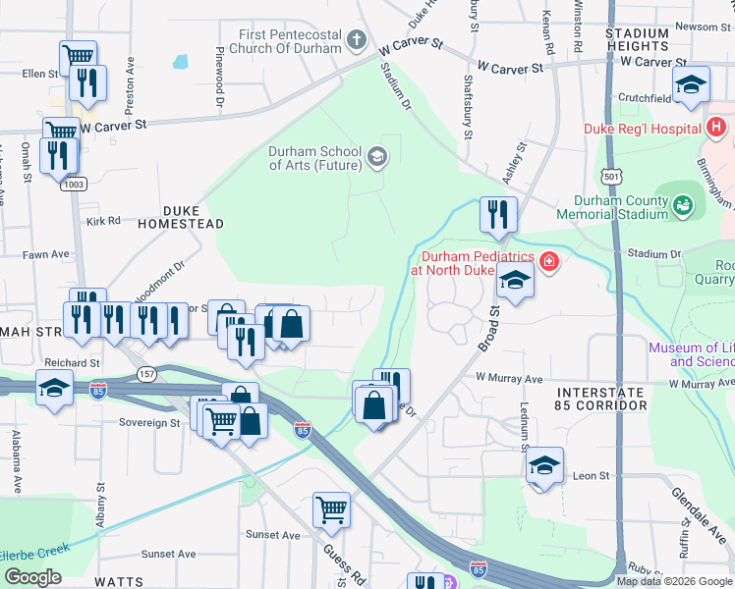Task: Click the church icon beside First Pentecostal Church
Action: click(x=357, y=41)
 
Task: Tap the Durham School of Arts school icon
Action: click(x=376, y=157)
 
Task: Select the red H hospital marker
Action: click(x=716, y=128)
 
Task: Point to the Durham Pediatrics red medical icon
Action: click(x=548, y=261)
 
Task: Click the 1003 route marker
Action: click(x=75, y=184)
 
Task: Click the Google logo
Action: click(x=32, y=576)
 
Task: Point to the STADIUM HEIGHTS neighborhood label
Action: click(x=637, y=39)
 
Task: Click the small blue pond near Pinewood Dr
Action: click(x=181, y=61)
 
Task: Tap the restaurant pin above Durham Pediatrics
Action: click(x=498, y=215)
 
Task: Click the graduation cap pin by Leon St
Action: click(x=544, y=466)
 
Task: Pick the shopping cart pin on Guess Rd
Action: click(x=331, y=509)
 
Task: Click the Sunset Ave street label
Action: click(x=267, y=534)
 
